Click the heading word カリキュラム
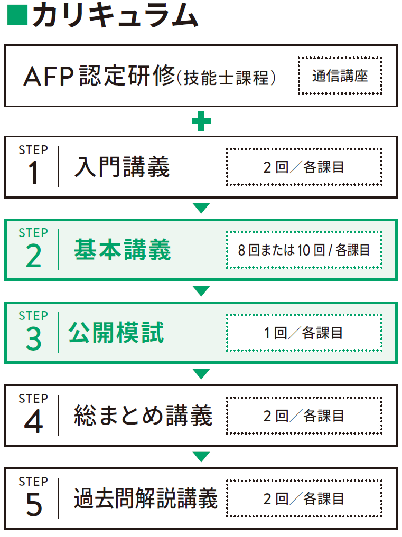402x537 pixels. click(x=115, y=16)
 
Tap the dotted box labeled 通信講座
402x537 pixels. click(x=340, y=76)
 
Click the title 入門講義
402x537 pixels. click(x=122, y=167)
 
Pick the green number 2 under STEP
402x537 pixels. click(x=33, y=257)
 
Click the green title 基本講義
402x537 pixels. click(x=123, y=250)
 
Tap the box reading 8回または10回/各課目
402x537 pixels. click(x=304, y=250)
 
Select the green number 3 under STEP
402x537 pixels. click(x=33, y=340)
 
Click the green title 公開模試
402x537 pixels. click(x=116, y=333)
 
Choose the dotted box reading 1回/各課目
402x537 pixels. click(x=304, y=333)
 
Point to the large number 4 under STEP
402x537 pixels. click(x=33, y=422)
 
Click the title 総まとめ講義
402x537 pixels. click(x=143, y=416)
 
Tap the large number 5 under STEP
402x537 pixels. click(x=33, y=505)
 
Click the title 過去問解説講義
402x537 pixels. click(x=145, y=498)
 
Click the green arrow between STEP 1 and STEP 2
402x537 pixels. click(x=201, y=208)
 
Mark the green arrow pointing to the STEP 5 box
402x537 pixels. click(x=201, y=457)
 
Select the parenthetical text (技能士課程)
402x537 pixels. click(x=227, y=78)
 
